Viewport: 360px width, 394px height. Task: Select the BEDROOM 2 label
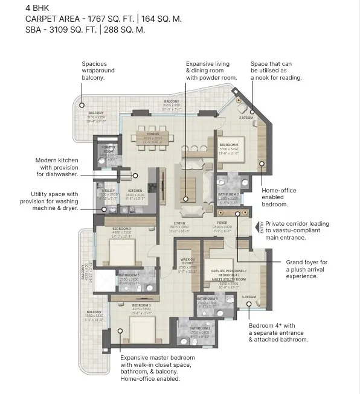pos(228,145)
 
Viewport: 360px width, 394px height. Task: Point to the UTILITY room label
pos(109,191)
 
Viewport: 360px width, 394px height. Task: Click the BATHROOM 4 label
pos(207,298)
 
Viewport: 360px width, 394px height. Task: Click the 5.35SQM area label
pos(249,297)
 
